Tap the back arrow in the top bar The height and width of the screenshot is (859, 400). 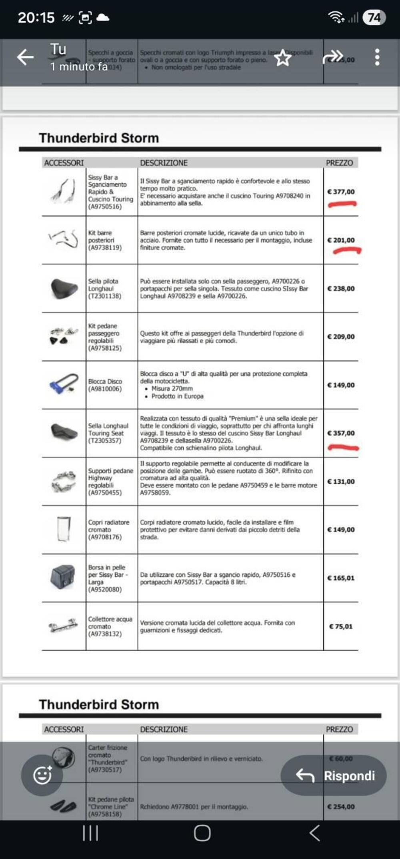click(x=25, y=57)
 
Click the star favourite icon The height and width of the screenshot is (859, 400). click(x=283, y=58)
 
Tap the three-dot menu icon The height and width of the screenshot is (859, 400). click(x=377, y=57)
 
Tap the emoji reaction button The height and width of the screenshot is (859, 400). click(x=42, y=775)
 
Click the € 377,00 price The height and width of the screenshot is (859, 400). click(x=341, y=192)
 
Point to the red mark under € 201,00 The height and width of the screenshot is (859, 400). click(x=347, y=251)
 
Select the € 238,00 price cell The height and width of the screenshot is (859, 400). click(x=341, y=289)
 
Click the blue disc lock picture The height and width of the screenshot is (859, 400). click(x=64, y=385)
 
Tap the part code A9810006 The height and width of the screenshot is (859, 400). click(x=105, y=389)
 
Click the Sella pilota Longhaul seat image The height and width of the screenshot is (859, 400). click(x=64, y=288)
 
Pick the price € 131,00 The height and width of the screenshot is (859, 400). click(x=341, y=482)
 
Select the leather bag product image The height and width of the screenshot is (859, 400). click(x=64, y=577)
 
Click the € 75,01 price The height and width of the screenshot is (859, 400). click(x=341, y=626)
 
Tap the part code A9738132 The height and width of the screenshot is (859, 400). click(x=105, y=634)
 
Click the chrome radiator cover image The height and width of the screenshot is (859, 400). click(x=64, y=529)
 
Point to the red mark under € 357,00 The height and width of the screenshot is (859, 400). click(x=343, y=448)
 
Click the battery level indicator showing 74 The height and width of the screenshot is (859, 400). click(x=374, y=18)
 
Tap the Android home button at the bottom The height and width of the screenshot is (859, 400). click(x=202, y=833)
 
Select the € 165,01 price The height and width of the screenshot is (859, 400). click(x=341, y=578)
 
